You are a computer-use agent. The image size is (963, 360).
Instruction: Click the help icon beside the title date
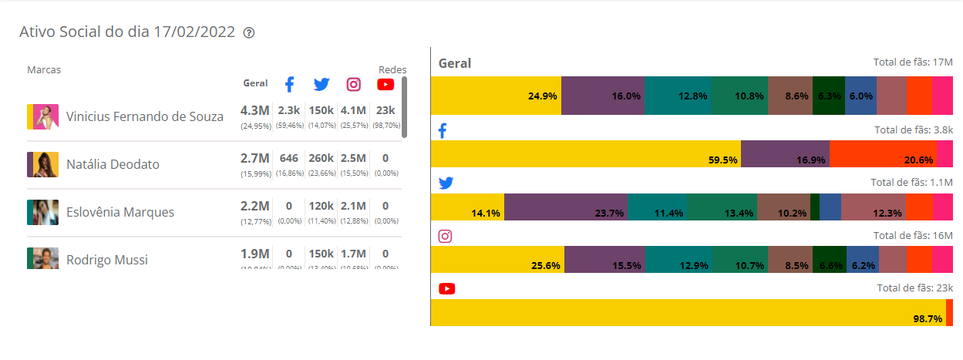[249, 33]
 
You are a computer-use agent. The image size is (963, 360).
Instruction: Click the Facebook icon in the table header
[289, 85]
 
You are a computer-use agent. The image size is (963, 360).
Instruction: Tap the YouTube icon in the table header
[386, 85]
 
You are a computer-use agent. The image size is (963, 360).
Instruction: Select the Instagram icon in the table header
[353, 85]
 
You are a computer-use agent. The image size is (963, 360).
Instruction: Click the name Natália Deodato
[113, 165]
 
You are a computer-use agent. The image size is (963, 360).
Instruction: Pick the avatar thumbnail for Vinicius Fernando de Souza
[42, 116]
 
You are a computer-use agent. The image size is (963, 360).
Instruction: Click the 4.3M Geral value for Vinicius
[255, 110]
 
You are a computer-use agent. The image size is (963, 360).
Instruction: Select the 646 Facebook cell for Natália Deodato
[289, 158]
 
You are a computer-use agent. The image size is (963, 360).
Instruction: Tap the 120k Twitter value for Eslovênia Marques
[321, 206]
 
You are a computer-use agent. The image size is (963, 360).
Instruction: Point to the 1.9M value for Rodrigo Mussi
[255, 254]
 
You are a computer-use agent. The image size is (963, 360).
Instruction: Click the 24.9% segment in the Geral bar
[496, 96]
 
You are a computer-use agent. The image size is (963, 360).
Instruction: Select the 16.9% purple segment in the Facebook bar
[785, 153]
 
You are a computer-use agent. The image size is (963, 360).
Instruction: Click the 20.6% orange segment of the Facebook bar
[883, 153]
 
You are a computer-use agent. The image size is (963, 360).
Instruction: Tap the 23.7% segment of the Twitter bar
[565, 207]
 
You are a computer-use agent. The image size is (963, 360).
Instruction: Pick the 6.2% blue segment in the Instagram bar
[862, 259]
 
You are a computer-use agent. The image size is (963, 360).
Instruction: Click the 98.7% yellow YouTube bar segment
[688, 312]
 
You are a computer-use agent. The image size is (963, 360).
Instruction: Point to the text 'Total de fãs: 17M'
[911, 63]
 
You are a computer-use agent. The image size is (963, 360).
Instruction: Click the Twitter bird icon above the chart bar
[446, 183]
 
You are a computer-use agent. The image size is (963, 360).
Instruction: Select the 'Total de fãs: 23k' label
[915, 288]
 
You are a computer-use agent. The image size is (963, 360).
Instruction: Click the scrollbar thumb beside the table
[404, 106]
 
